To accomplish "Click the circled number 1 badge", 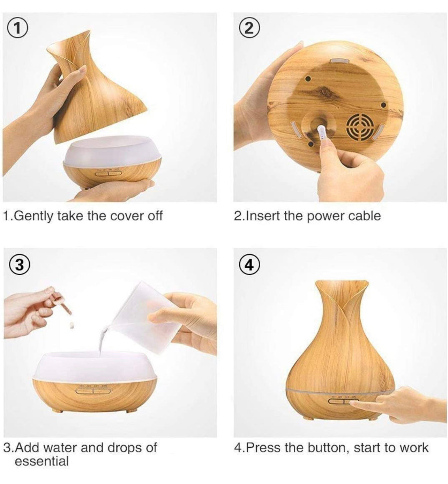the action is click(16, 29).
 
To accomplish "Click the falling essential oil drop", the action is click(72, 325).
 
